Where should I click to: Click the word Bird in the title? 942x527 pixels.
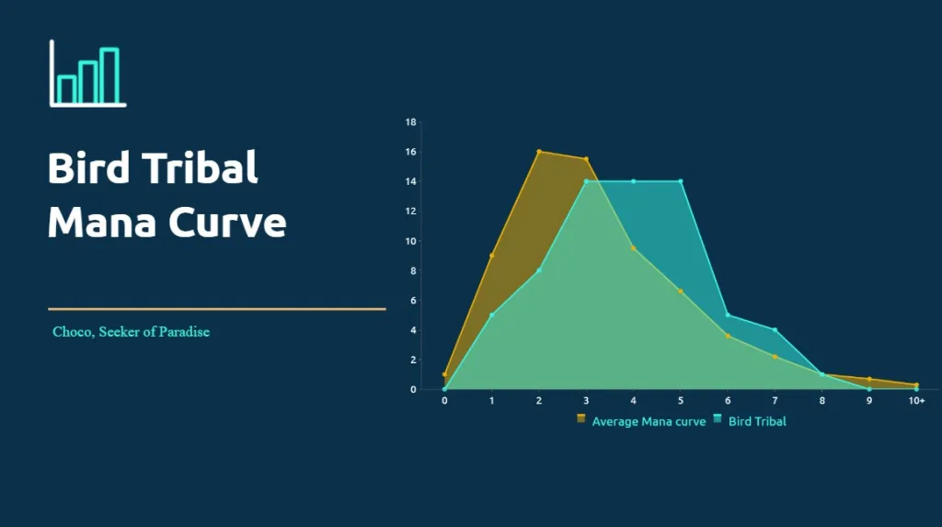pyautogui.click(x=88, y=167)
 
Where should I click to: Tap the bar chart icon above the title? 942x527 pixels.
pyautogui.click(x=87, y=74)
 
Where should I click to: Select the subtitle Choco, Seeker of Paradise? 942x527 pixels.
pyautogui.click(x=131, y=332)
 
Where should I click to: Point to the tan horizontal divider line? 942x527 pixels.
pyautogui.click(x=217, y=309)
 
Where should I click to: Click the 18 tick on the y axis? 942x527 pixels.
pyautogui.click(x=410, y=122)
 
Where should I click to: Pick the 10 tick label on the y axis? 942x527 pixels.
pyautogui.click(x=410, y=241)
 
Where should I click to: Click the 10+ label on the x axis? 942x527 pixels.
pyautogui.click(x=916, y=400)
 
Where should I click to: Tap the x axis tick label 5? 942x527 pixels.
pyautogui.click(x=681, y=400)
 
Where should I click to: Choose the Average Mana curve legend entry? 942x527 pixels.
pyautogui.click(x=641, y=420)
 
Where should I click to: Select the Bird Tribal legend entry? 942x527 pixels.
pyautogui.click(x=750, y=420)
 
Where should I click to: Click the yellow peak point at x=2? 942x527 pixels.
pyautogui.click(x=539, y=152)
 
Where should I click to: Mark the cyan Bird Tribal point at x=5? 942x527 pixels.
pyautogui.click(x=681, y=181)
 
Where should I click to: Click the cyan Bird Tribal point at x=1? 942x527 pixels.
pyautogui.click(x=492, y=315)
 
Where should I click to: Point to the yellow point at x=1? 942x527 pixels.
pyautogui.click(x=492, y=256)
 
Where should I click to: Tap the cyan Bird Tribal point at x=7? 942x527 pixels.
pyautogui.click(x=775, y=330)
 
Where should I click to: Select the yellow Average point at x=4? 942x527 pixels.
pyautogui.click(x=633, y=248)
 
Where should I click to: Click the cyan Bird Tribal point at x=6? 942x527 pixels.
pyautogui.click(x=728, y=315)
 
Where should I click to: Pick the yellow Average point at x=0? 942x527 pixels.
pyautogui.click(x=444, y=374)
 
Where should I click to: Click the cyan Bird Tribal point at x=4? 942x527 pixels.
pyautogui.click(x=633, y=181)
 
